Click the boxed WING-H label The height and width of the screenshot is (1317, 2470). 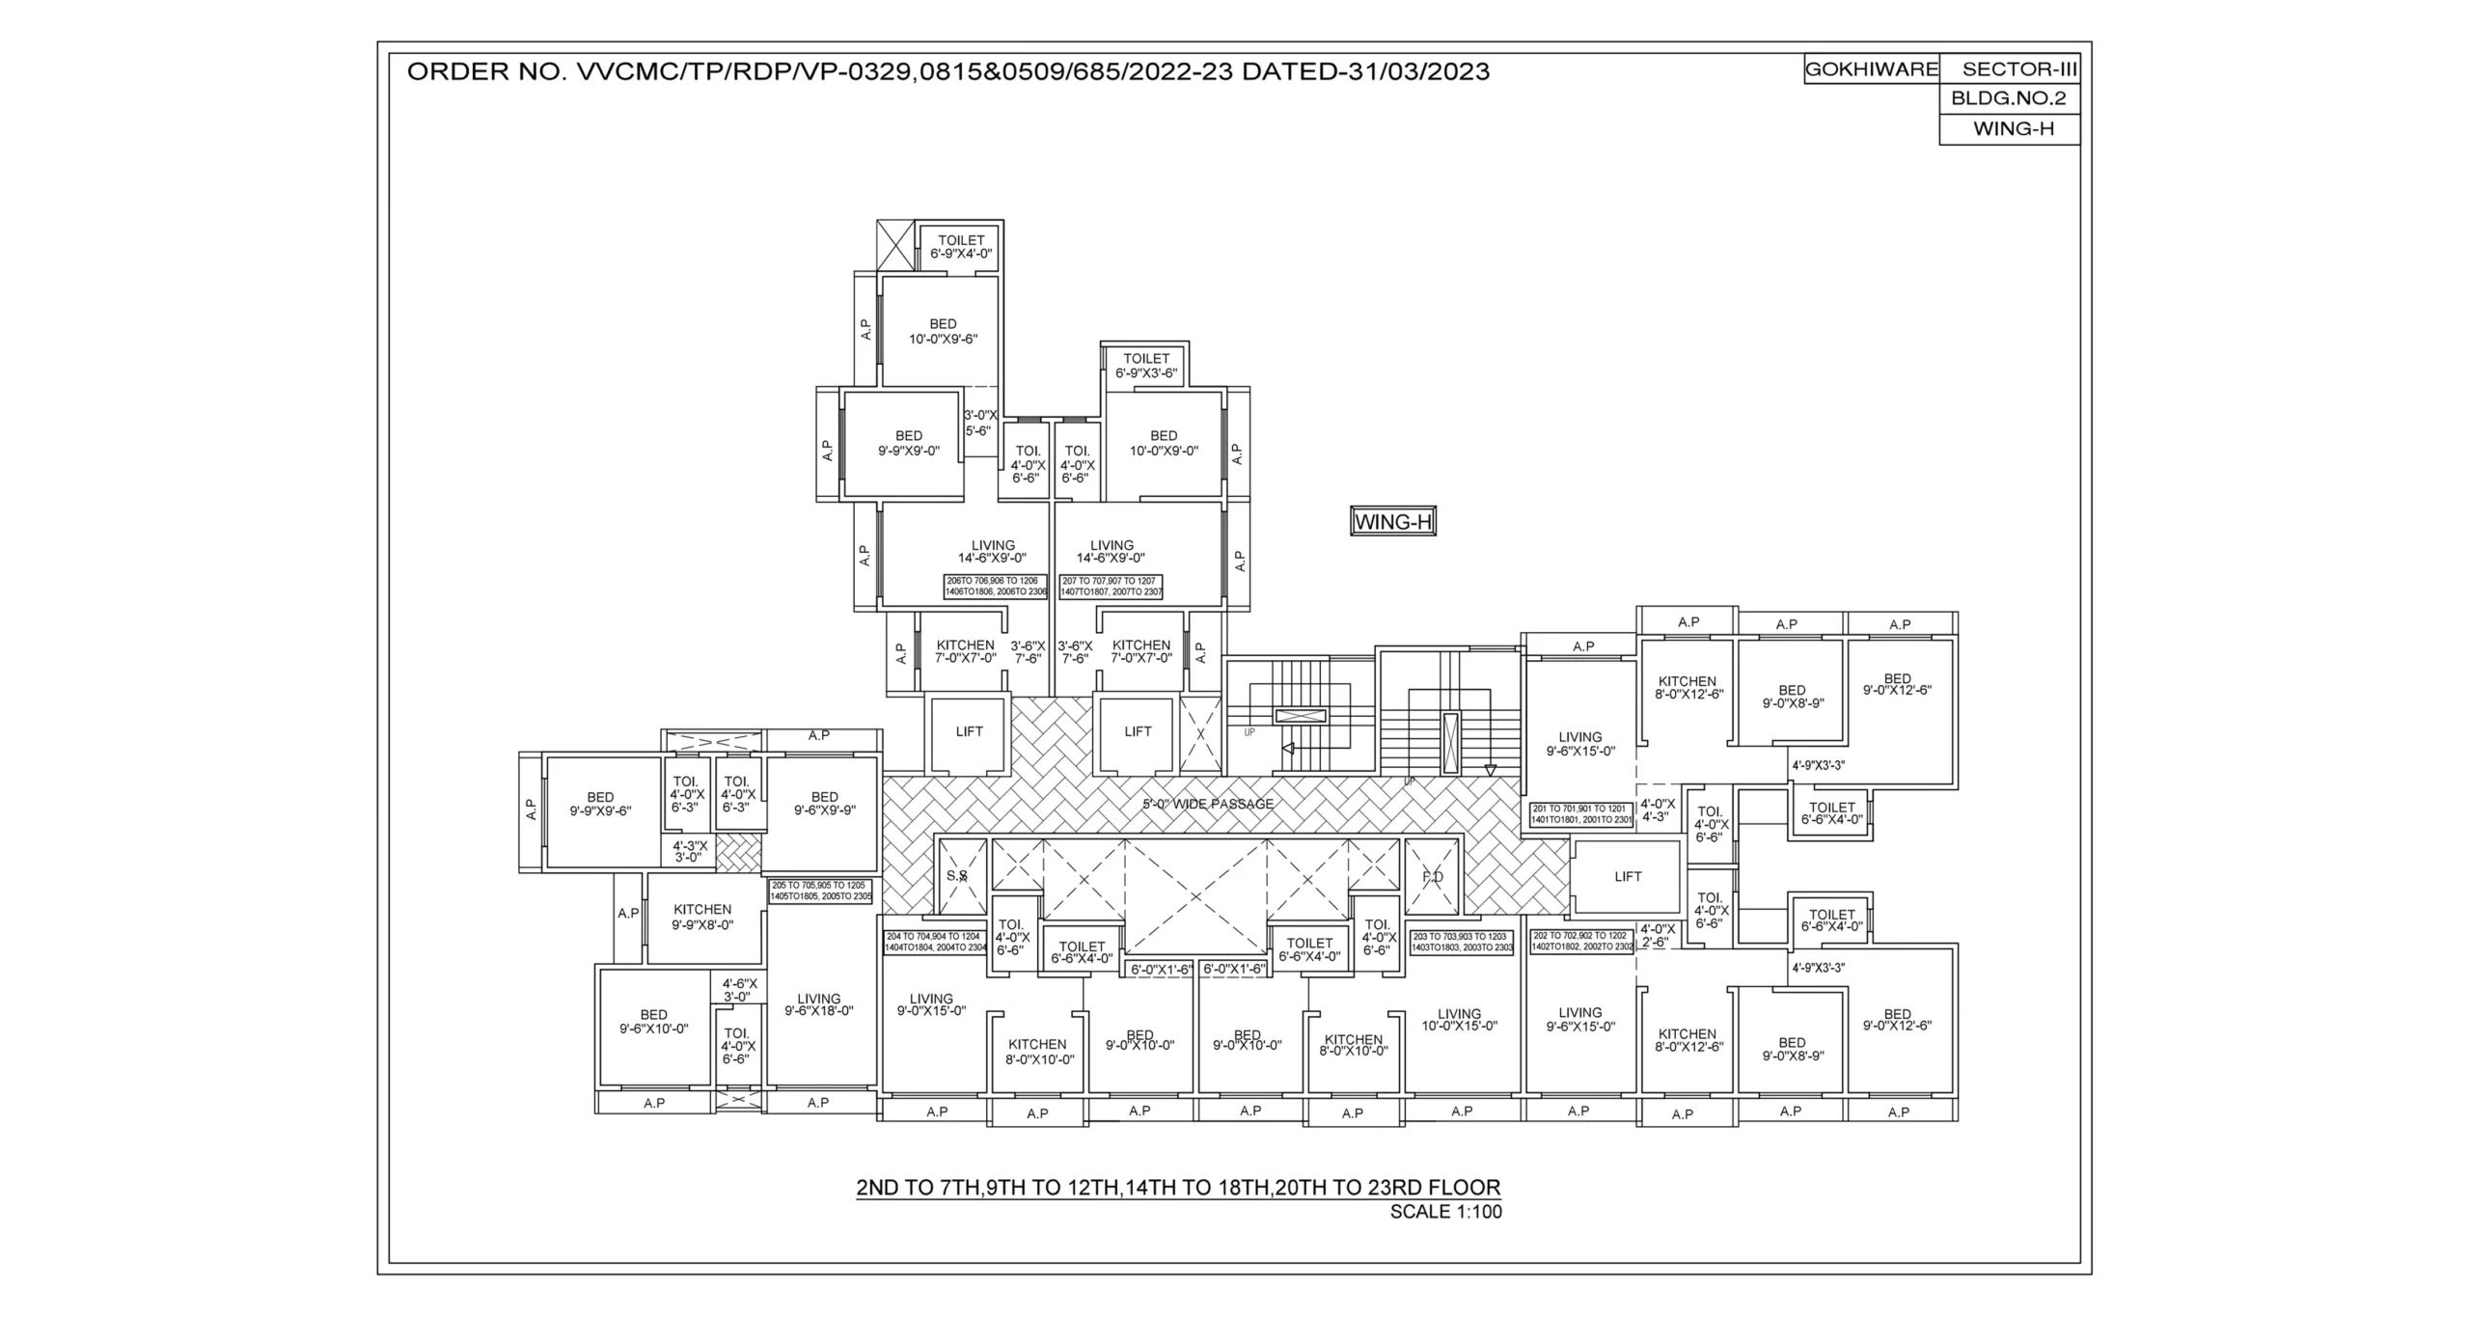(1392, 523)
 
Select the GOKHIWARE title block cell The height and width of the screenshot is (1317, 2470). (1871, 69)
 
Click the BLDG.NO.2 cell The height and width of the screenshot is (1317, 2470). (2009, 98)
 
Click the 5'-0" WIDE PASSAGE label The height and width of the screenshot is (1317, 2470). (1208, 804)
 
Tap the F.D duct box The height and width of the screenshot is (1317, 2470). (1433, 877)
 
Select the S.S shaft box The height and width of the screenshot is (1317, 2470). (956, 876)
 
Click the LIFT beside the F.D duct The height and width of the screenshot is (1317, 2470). (1628, 877)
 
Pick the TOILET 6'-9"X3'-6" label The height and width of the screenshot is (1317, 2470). (1146, 366)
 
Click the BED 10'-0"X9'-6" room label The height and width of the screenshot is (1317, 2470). (943, 331)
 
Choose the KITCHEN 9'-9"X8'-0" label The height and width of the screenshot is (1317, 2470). (702, 917)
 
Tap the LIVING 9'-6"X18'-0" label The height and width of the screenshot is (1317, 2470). (818, 1005)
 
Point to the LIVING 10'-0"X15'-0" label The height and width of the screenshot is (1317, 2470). (1458, 1020)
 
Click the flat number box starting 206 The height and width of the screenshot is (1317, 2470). (996, 586)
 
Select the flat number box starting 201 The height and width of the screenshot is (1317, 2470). (1581, 813)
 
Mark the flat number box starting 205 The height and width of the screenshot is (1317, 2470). (820, 891)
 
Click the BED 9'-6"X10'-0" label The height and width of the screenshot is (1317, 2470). (653, 1022)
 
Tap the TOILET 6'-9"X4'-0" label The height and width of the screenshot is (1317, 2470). (961, 247)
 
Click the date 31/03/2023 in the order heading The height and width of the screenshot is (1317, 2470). (1414, 71)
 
